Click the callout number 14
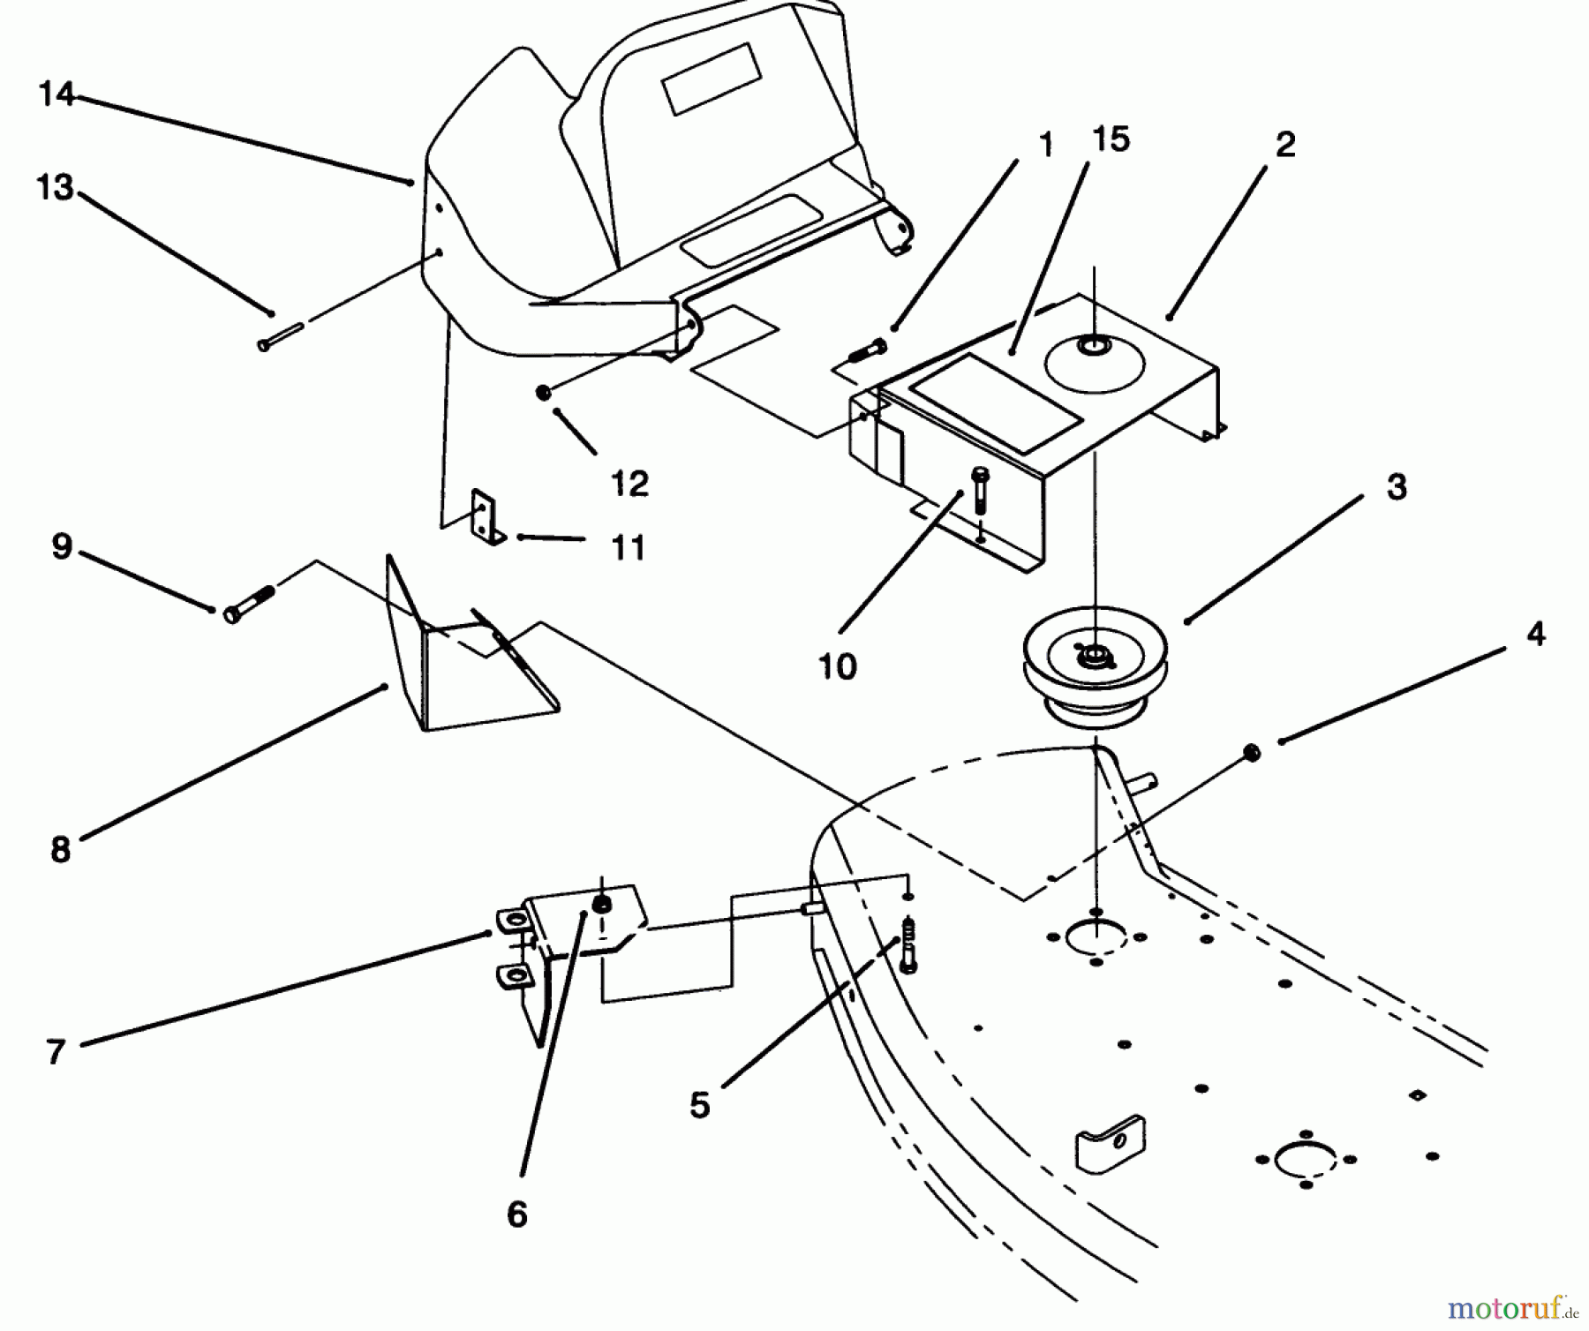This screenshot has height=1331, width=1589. tap(57, 94)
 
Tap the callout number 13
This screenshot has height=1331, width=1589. tap(55, 187)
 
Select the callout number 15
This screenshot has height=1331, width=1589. tap(1111, 139)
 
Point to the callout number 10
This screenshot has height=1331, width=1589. tap(837, 666)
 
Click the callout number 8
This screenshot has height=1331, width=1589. tap(60, 849)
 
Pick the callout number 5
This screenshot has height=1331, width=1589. tap(699, 1104)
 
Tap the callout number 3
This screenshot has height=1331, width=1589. tap(1396, 486)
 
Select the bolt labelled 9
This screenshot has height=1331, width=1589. tap(251, 604)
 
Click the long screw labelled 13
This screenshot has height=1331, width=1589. tap(280, 336)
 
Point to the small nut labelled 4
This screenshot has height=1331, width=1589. tap(1250, 752)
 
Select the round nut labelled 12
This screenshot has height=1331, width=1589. tap(544, 391)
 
